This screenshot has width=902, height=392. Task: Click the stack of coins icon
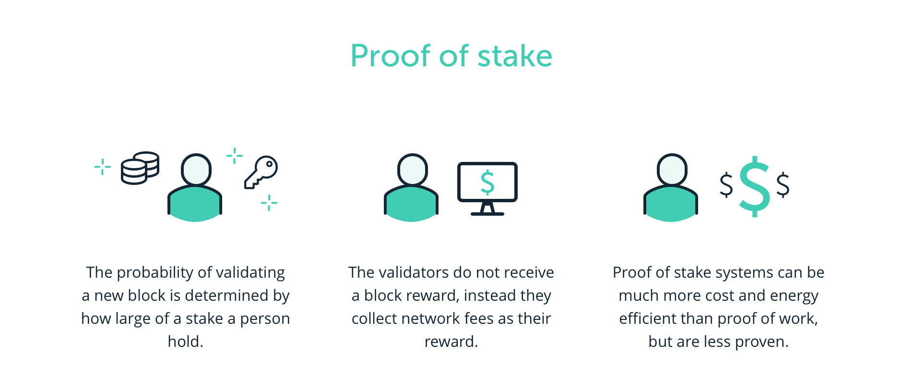coord(140,168)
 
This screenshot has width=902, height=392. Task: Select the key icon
coord(261,171)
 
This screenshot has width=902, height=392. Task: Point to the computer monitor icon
coord(487,188)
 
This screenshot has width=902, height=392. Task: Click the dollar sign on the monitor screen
coord(487,182)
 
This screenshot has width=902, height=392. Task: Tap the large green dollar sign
coord(754,186)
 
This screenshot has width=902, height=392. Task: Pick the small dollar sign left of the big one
coord(726,185)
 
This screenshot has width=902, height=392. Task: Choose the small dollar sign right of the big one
coord(783,185)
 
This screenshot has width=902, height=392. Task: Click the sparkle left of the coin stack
coord(102,167)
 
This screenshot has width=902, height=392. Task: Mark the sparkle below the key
coord(269,203)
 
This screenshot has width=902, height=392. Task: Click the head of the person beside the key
coord(196,170)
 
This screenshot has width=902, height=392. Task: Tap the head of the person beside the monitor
coord(412,170)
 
